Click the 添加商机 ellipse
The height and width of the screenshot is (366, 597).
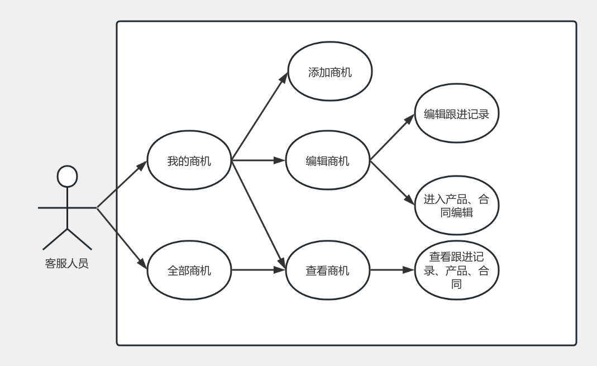click(329, 73)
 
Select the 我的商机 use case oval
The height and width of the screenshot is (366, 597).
click(189, 161)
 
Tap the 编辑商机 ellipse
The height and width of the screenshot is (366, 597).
click(328, 161)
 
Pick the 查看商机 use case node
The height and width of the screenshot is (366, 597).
click(328, 271)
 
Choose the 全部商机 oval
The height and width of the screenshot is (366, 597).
click(189, 271)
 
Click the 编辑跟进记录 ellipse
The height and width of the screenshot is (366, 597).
click(457, 115)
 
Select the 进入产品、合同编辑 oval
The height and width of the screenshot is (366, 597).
click(457, 206)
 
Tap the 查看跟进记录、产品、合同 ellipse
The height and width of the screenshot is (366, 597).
click(457, 271)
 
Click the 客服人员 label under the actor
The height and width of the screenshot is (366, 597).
click(67, 263)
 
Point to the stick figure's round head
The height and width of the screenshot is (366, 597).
click(67, 176)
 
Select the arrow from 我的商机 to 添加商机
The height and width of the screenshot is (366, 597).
click(260, 116)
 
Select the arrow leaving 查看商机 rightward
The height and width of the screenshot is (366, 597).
click(393, 271)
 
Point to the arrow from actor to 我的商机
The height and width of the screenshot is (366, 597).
click(122, 184)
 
